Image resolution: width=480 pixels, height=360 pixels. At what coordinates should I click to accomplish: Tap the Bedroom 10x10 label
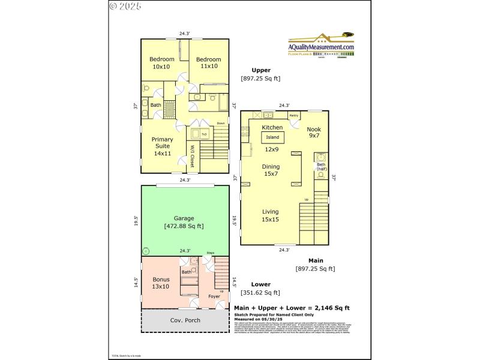pos(161,63)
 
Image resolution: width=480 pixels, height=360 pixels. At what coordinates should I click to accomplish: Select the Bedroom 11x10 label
pos(208,63)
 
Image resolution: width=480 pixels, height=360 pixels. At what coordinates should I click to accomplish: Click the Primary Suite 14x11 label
pos(163,146)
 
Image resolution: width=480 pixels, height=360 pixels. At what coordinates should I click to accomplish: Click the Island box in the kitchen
pos(272,137)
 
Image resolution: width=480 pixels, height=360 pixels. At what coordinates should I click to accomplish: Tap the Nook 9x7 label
pos(313,133)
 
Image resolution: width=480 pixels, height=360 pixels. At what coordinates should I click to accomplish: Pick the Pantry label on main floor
pos(294,115)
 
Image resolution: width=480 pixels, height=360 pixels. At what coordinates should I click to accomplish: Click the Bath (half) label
pos(321,167)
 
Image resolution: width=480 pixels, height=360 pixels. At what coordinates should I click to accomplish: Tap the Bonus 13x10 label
pos(161,283)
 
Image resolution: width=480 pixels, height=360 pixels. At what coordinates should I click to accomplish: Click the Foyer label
pos(214,296)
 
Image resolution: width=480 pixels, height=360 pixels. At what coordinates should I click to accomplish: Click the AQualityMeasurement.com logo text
pos(321,47)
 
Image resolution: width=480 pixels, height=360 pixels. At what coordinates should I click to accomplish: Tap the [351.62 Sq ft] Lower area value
pos(260,293)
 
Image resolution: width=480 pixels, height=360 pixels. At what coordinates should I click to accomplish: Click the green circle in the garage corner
pos(145,250)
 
